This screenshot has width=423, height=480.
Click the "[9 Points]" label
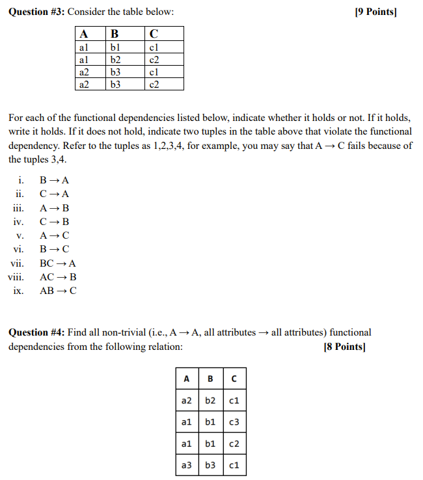(x=375, y=12)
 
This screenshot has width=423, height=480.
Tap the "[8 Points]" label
(x=344, y=347)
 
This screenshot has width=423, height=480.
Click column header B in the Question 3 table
(x=115, y=34)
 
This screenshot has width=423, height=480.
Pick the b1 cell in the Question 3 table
(x=116, y=47)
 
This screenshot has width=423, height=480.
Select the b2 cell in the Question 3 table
(x=116, y=60)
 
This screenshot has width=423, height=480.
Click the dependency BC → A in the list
(x=58, y=263)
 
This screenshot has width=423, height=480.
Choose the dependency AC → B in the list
(x=58, y=277)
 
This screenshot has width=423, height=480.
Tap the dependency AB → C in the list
(x=58, y=291)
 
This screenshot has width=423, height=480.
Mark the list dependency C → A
(x=55, y=194)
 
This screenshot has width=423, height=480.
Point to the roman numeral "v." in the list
(x=20, y=235)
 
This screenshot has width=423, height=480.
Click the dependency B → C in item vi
(x=55, y=249)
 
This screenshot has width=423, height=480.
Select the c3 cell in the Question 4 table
(x=234, y=422)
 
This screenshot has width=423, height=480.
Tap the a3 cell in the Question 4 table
(x=187, y=465)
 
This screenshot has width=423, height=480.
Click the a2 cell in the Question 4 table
(x=187, y=401)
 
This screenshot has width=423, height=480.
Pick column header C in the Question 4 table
(x=234, y=379)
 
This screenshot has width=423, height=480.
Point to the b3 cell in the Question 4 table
(x=211, y=465)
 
